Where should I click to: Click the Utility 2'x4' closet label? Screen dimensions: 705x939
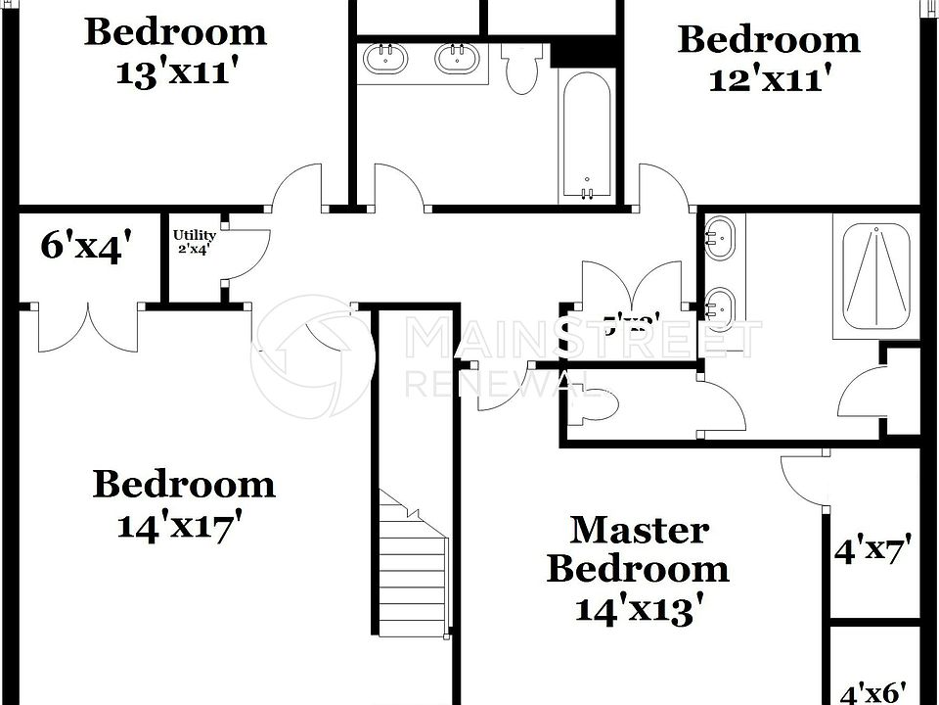click(194, 241)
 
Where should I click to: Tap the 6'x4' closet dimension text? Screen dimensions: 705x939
click(81, 246)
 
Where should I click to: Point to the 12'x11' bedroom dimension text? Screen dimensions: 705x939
click(769, 78)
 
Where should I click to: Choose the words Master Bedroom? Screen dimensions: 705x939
click(638, 548)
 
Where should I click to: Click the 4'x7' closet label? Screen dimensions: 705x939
click(872, 550)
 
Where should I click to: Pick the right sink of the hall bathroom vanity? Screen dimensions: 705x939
click(457, 58)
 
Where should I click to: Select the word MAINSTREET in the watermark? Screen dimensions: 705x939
click(583, 338)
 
